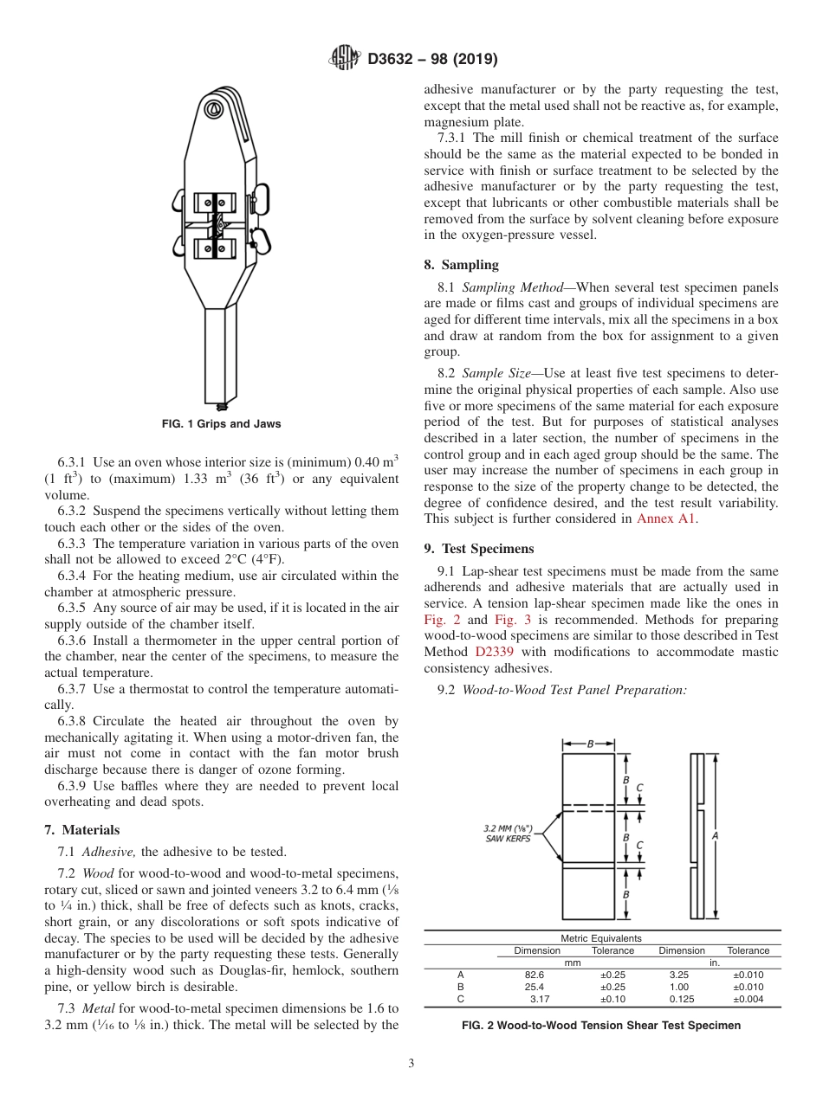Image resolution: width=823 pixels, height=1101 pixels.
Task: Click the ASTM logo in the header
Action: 346,60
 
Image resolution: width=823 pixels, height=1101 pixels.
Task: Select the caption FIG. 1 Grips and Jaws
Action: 222,424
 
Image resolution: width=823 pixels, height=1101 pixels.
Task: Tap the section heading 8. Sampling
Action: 461,265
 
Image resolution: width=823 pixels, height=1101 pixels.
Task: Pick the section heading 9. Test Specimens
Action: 479,549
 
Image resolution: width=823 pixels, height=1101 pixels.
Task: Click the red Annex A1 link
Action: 666,518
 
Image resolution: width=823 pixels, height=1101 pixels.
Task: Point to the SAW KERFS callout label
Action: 508,838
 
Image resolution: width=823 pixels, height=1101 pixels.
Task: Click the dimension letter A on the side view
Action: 716,836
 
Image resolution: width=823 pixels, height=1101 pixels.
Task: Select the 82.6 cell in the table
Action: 534,975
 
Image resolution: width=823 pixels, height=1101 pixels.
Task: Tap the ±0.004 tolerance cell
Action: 748,999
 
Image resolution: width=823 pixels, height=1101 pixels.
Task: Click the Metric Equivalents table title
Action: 601,938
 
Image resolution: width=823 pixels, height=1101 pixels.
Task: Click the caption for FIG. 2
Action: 601,1026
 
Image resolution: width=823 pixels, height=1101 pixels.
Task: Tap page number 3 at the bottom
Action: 411,1064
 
